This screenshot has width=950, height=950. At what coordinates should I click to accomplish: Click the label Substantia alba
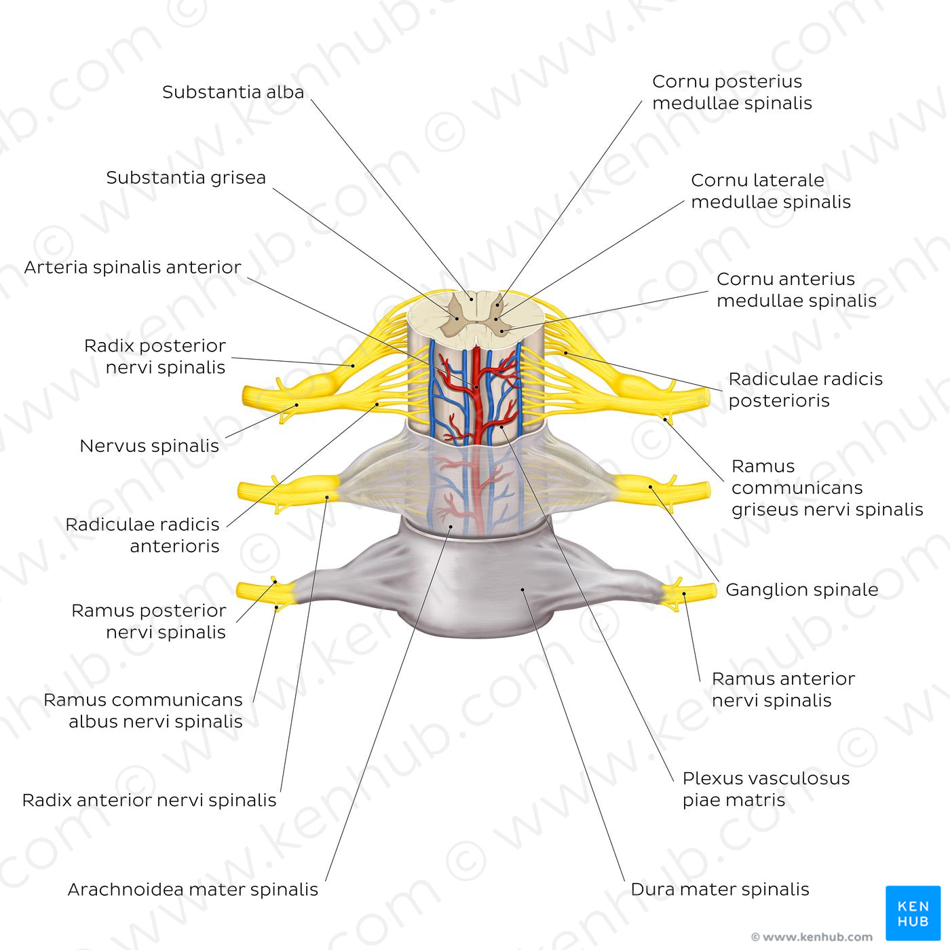tap(233, 92)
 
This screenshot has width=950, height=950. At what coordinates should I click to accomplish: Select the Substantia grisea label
tap(186, 178)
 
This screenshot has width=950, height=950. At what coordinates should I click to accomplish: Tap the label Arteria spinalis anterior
tap(132, 267)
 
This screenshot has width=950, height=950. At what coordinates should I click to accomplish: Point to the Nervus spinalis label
tap(149, 446)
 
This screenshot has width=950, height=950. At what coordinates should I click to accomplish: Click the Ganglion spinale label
tap(801, 590)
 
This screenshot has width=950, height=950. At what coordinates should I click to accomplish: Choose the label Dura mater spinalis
tap(719, 890)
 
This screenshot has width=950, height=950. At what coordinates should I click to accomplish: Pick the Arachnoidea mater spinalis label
tap(193, 890)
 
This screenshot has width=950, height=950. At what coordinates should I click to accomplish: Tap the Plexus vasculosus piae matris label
tap(765, 789)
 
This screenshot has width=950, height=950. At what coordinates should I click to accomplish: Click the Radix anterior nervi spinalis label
tap(149, 800)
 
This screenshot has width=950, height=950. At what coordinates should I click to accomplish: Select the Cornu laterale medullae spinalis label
tap(770, 191)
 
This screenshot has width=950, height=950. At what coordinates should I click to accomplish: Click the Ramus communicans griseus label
tap(826, 488)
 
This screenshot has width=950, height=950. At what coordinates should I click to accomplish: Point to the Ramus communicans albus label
tap(142, 710)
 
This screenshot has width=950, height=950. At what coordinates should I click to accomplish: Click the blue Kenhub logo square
tap(913, 913)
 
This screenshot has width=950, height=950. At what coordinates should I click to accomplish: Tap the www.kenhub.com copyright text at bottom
tap(812, 937)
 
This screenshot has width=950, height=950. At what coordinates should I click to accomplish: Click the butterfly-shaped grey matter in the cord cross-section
tap(475, 316)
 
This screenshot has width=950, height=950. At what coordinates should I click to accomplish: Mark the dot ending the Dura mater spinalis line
tap(522, 590)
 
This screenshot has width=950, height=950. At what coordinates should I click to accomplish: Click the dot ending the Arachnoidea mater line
tap(451, 526)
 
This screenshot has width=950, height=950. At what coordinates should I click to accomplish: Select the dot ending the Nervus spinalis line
tap(297, 405)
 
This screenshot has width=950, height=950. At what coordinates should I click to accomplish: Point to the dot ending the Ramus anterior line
tap(684, 594)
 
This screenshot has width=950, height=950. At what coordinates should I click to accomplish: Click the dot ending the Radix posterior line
tap(353, 366)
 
